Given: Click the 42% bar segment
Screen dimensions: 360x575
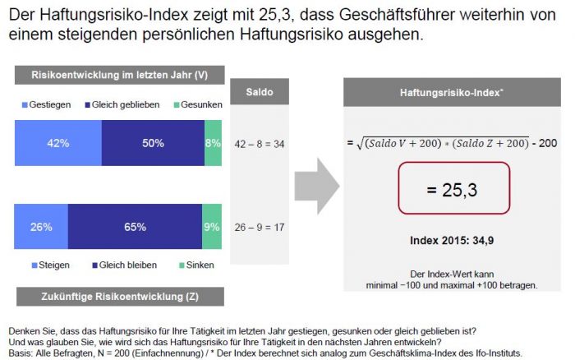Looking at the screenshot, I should coord(58,143).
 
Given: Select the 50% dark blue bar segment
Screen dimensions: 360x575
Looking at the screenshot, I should coord(153,143).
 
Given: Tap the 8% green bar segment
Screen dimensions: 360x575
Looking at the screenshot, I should coord(213,143).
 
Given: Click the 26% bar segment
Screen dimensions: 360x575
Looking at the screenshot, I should coord(42,227).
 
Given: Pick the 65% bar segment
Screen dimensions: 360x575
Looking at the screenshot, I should coord(136,227).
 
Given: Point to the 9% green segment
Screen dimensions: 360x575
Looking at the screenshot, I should coord(212,227).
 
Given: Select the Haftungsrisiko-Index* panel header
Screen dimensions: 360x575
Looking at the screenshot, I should coord(452,95).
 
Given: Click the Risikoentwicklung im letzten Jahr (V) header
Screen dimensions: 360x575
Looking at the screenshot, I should coord(118,76).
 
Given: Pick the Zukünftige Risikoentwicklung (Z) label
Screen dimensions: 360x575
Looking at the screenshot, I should coord(118,295).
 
